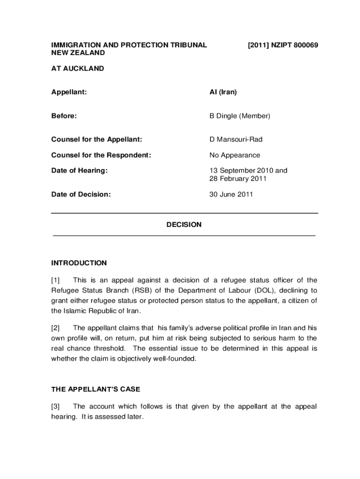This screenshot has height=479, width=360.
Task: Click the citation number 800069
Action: (302, 45)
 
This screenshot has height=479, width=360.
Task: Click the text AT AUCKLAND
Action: (78, 68)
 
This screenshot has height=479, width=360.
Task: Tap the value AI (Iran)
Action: (223, 92)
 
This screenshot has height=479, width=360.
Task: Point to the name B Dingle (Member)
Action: (239, 116)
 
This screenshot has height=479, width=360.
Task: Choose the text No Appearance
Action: (235, 155)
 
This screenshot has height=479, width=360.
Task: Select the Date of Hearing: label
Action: (79, 171)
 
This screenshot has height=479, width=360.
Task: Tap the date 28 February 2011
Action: (237, 179)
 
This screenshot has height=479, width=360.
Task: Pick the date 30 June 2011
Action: (231, 194)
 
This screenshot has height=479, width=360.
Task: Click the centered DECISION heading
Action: (184, 225)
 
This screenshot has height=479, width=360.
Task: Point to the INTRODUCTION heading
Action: (79, 263)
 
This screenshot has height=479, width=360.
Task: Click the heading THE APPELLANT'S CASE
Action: (95, 389)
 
